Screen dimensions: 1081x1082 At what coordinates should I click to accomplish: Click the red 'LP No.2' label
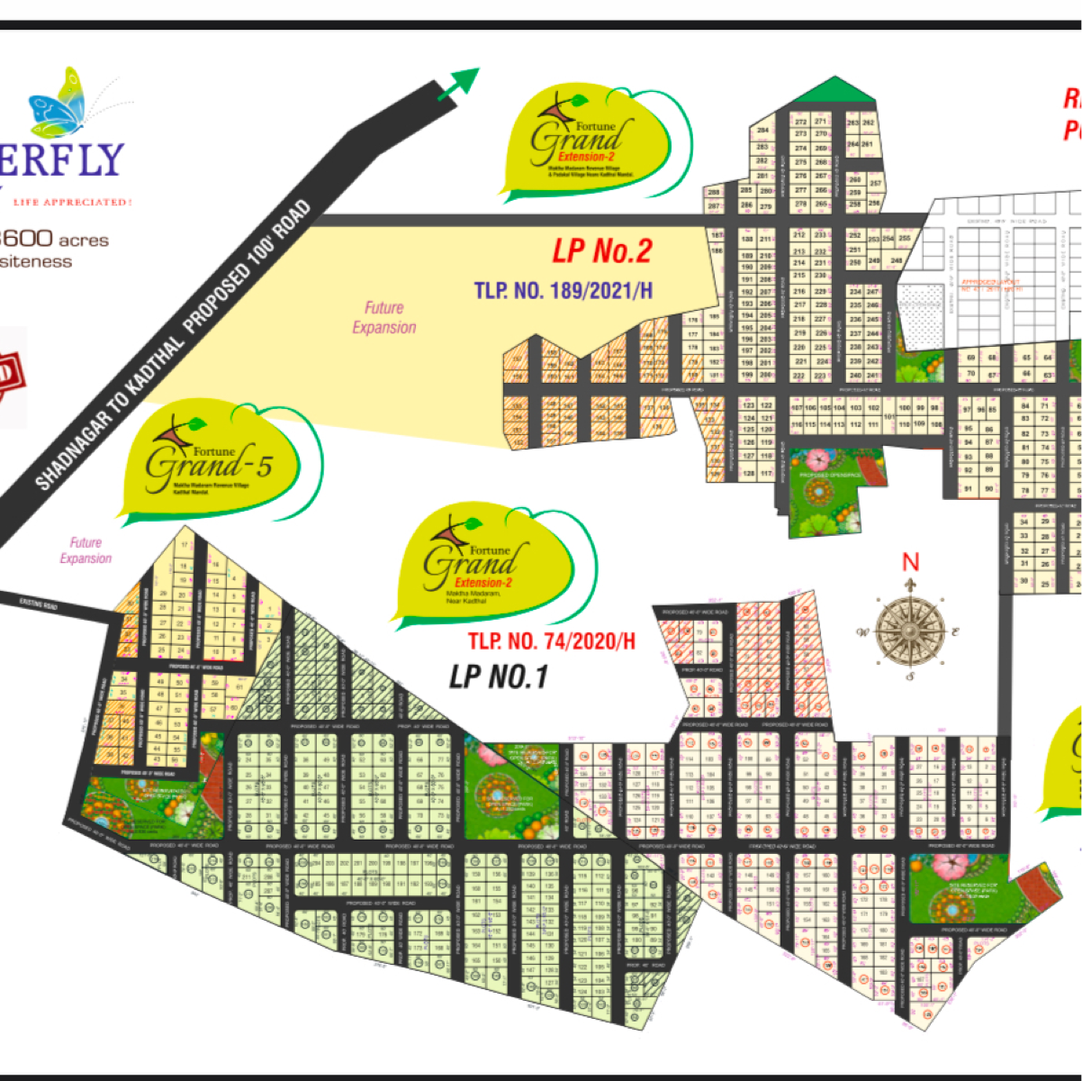tap(601, 251)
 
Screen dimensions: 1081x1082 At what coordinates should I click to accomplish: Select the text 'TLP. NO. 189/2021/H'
tap(563, 291)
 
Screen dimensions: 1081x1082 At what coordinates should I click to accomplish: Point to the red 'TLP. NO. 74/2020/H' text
tap(551, 641)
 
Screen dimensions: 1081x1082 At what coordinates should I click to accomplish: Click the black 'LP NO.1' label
tap(499, 676)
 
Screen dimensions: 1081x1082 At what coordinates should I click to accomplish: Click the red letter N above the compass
tap(910, 562)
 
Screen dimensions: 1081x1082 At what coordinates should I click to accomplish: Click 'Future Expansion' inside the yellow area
tap(384, 318)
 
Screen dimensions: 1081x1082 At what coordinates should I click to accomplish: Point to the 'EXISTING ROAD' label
tap(38, 604)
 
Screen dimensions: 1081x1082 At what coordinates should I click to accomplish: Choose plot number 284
tap(762, 131)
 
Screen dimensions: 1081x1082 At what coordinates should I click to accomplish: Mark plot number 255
tap(904, 239)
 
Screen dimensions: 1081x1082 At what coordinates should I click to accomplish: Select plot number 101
tap(889, 417)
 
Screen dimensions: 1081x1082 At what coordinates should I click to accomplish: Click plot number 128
tap(749, 474)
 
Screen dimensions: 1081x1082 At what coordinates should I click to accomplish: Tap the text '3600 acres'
tap(56, 240)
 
